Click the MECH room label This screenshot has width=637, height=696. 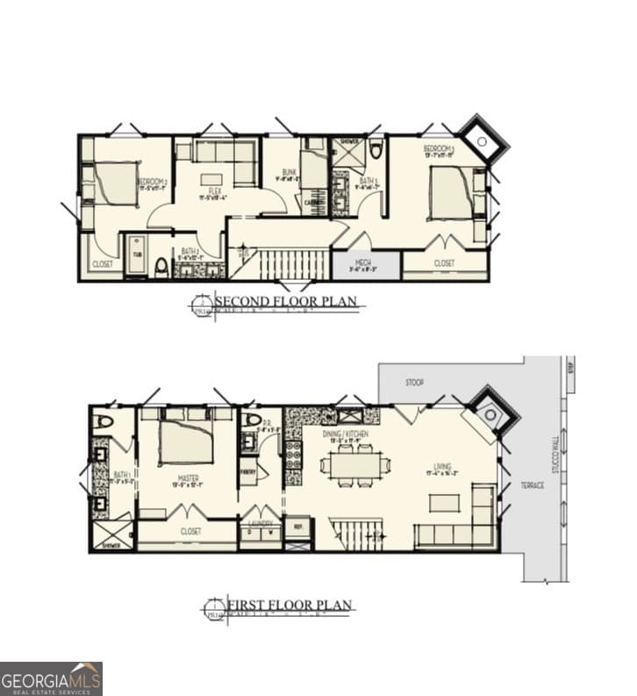click(x=364, y=262)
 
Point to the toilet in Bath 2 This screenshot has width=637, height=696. click(x=161, y=266)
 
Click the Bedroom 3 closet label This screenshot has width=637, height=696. click(x=444, y=262)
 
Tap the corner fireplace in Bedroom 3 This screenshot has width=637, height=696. click(x=481, y=139)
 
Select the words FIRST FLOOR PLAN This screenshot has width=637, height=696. click(x=290, y=605)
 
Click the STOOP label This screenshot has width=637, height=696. click(x=415, y=383)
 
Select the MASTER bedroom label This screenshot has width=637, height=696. click(x=185, y=479)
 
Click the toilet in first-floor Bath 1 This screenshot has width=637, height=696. click(x=104, y=423)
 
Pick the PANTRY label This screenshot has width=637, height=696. click(x=247, y=470)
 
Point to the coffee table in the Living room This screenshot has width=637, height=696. click(x=444, y=503)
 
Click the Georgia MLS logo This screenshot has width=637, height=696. click(x=51, y=678)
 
